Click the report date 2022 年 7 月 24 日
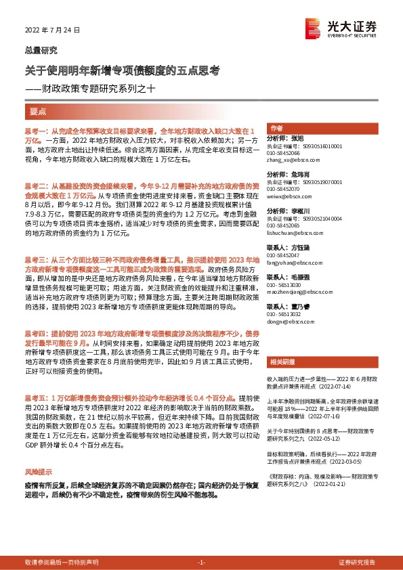(51, 30)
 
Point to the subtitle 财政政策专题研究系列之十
(99, 88)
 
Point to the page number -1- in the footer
(200, 563)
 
